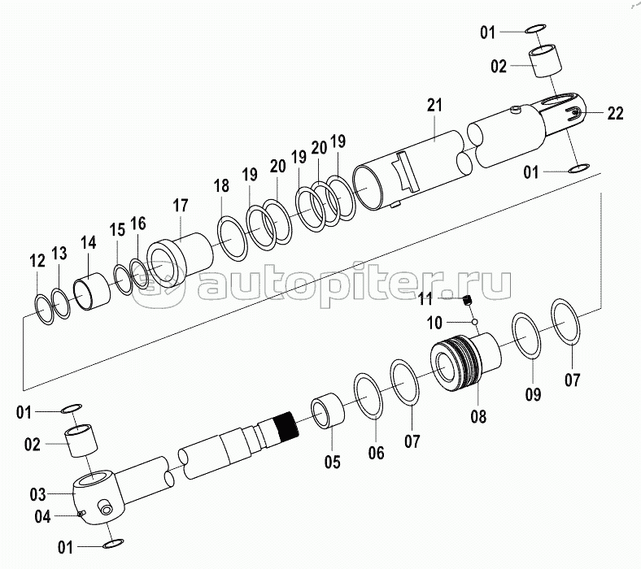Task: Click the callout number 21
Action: pyautogui.click(x=434, y=106)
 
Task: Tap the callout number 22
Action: pyautogui.click(x=615, y=113)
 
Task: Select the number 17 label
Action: pyautogui.click(x=181, y=206)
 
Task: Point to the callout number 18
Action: pyautogui.click(x=221, y=186)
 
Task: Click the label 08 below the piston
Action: pyautogui.click(x=478, y=417)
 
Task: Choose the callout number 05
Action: pyautogui.click(x=333, y=462)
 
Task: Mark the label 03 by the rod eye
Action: pyautogui.click(x=37, y=495)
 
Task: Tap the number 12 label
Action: pyautogui.click(x=37, y=261)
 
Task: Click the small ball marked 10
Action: pyautogui.click(x=474, y=322)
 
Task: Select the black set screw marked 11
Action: pyautogui.click(x=468, y=301)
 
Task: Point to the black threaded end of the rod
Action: pyautogui.click(x=286, y=426)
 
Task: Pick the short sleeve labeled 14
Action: pyautogui.click(x=92, y=291)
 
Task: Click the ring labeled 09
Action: pyautogui.click(x=527, y=335)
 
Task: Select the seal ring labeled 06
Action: pyautogui.click(x=368, y=395)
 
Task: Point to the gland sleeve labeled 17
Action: pyautogui.click(x=180, y=259)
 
